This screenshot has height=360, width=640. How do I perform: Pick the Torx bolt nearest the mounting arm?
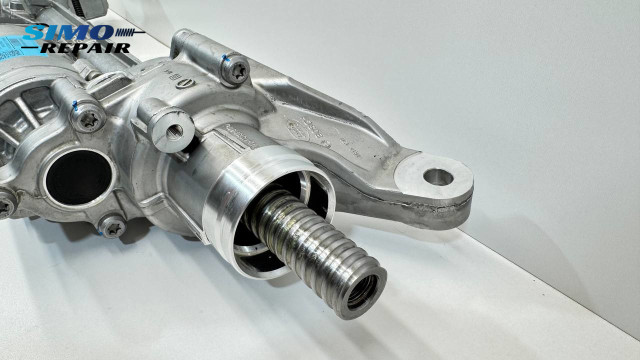[x=236, y=70]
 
